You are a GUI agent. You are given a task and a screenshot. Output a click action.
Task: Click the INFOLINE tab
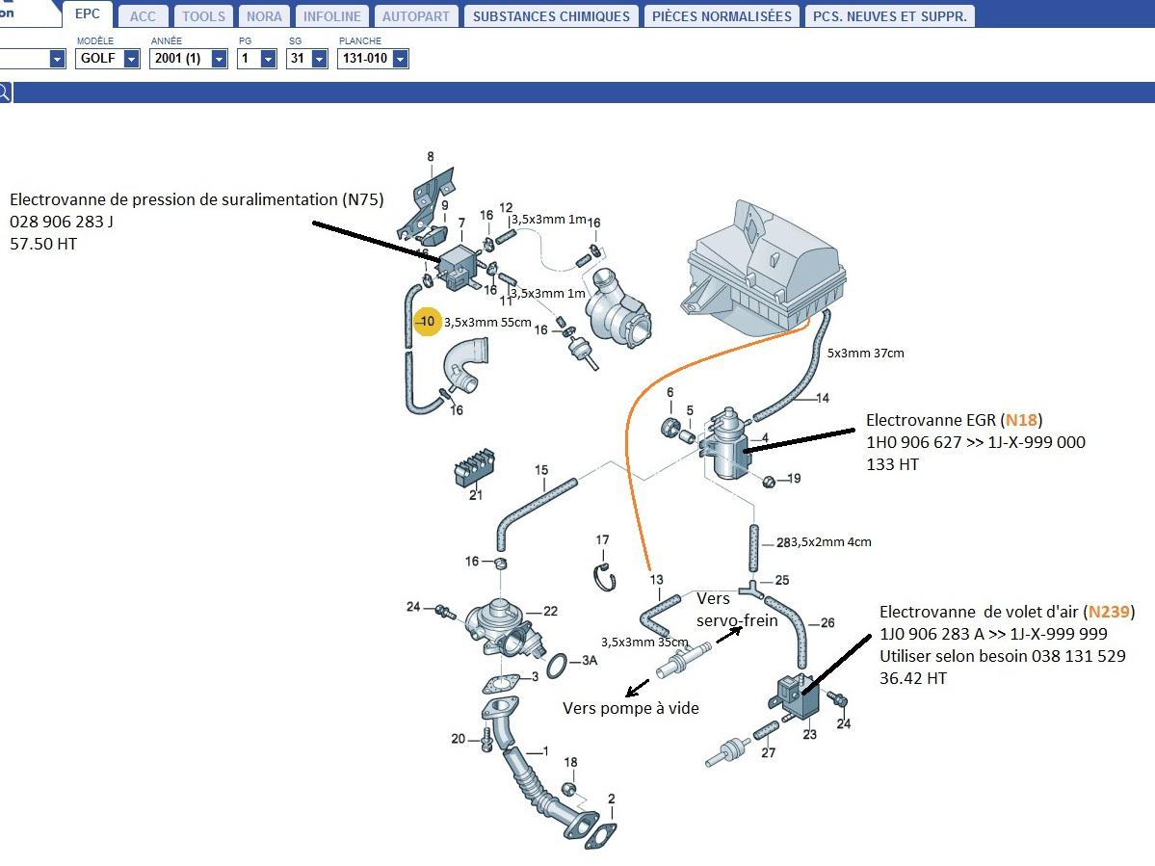click(331, 15)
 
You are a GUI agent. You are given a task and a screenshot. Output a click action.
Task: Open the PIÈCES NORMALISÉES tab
click(722, 15)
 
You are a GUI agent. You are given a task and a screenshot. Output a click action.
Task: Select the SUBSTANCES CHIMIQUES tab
click(551, 15)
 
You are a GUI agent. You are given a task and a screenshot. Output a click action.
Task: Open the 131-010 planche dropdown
click(372, 59)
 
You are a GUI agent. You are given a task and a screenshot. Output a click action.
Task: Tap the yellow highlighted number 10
click(428, 321)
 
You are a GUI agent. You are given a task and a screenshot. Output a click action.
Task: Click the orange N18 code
click(1022, 420)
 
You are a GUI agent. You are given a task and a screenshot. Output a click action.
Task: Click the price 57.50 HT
click(43, 244)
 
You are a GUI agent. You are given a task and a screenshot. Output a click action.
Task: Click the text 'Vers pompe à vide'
click(631, 708)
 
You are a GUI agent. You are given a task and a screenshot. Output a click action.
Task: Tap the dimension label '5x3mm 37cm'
click(865, 354)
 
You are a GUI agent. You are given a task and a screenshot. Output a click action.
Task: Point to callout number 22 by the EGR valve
click(551, 611)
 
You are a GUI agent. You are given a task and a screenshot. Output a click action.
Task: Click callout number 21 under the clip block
click(476, 495)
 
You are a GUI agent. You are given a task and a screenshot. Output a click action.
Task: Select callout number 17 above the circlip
click(602, 540)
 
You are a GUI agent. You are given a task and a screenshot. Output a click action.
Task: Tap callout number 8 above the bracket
click(431, 156)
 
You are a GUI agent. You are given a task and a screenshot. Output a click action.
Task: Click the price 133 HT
click(893, 464)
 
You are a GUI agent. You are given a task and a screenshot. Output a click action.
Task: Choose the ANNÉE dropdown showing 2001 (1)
click(188, 59)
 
